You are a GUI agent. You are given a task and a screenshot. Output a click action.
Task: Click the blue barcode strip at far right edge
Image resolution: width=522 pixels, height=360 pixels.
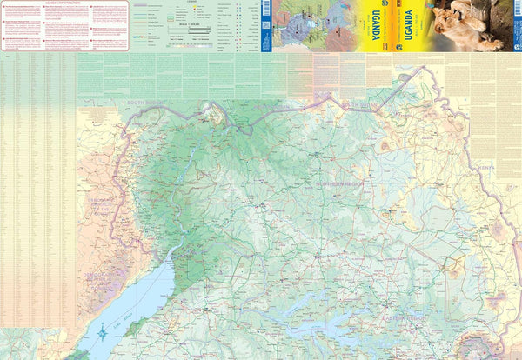point(519,26)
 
